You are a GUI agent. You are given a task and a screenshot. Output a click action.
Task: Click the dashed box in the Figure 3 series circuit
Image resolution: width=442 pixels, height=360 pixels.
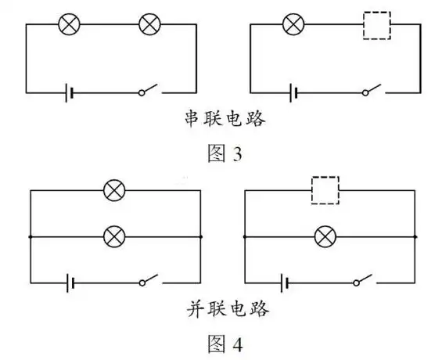(x=376, y=25)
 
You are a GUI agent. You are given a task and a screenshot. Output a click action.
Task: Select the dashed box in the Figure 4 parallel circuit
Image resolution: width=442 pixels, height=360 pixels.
(x=325, y=190)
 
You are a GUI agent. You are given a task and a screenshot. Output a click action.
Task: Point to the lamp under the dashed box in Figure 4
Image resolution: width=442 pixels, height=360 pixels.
(x=325, y=236)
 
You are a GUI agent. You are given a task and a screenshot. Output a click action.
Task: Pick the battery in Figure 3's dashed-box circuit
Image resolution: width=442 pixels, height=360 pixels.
(x=293, y=92)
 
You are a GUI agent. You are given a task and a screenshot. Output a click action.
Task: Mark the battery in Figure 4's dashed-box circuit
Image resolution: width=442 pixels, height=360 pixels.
(x=283, y=282)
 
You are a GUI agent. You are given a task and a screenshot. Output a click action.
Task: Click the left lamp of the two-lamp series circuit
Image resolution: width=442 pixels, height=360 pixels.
(x=70, y=25)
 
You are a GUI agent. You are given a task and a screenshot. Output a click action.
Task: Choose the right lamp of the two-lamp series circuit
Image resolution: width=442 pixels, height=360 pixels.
(x=149, y=25)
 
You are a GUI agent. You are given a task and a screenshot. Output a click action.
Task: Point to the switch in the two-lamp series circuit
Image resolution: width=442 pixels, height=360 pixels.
(x=149, y=92)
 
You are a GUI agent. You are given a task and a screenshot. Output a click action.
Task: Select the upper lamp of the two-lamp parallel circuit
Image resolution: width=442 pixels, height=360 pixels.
(x=115, y=190)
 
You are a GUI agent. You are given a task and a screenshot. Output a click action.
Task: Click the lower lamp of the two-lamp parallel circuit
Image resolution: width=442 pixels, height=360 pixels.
(x=115, y=236)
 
